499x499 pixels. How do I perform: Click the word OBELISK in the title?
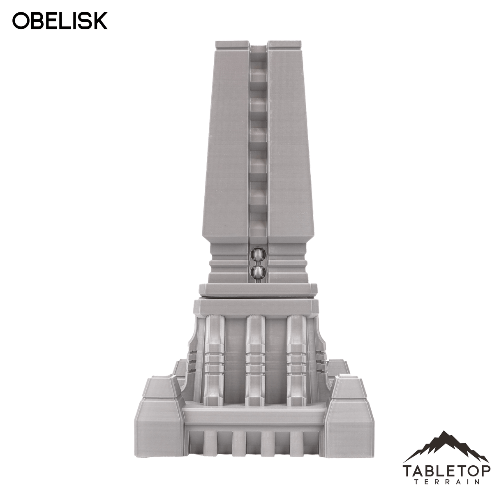tap(60, 21)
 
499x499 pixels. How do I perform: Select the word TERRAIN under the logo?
tap(446, 482)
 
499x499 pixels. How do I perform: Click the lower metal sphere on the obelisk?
tap(258, 271)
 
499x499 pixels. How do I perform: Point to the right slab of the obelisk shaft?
tap(288, 144)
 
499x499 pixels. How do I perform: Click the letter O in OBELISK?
tap(21, 21)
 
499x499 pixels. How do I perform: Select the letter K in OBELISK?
tap(100, 21)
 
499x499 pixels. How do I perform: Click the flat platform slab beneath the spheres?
tap(258, 289)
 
